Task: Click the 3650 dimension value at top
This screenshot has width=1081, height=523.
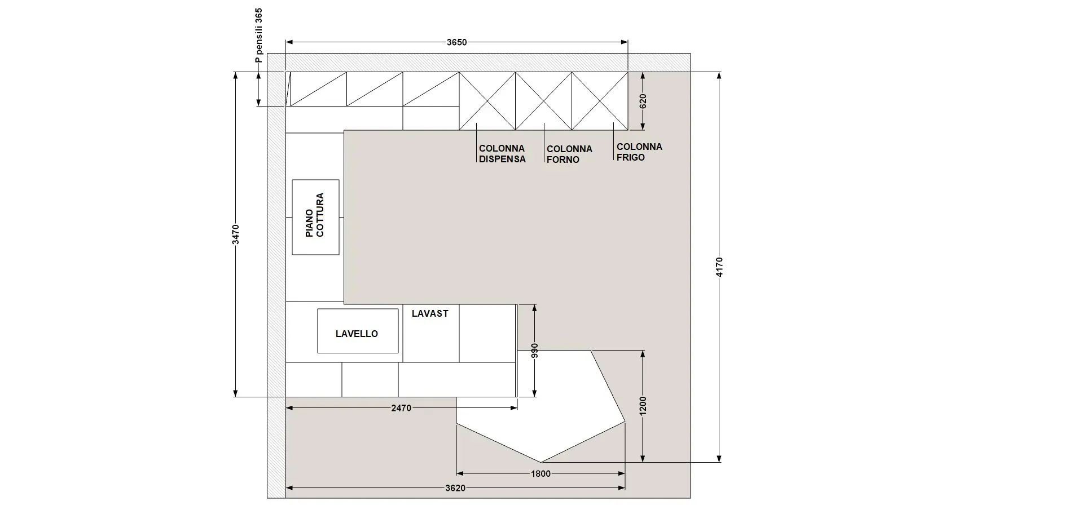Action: pyautogui.click(x=456, y=42)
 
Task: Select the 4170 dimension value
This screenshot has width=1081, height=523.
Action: pyautogui.click(x=719, y=267)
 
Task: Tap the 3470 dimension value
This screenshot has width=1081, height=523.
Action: pyautogui.click(x=236, y=234)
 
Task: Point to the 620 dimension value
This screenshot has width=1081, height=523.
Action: pyautogui.click(x=643, y=101)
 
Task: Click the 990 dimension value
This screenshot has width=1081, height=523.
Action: pyautogui.click(x=534, y=351)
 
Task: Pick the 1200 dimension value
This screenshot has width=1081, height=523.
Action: pyautogui.click(x=643, y=406)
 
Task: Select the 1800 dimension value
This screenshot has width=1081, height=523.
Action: pyautogui.click(x=540, y=473)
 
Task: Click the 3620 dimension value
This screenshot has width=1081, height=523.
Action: pyautogui.click(x=455, y=488)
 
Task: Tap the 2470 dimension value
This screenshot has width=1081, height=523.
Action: pyautogui.click(x=401, y=408)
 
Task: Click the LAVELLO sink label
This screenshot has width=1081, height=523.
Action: pyautogui.click(x=357, y=334)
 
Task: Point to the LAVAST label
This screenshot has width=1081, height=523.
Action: pyautogui.click(x=430, y=313)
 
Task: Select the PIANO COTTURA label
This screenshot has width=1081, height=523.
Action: pyautogui.click(x=315, y=215)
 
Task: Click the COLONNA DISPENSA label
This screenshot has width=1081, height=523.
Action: pyautogui.click(x=502, y=154)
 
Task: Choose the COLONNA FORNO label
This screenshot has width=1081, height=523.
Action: pyautogui.click(x=569, y=154)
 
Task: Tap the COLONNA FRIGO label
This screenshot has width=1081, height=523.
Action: pyautogui.click(x=639, y=152)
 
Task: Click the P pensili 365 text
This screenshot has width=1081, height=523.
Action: pyautogui.click(x=259, y=36)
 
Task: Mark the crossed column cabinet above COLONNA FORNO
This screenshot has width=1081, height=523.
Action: pyautogui.click(x=543, y=101)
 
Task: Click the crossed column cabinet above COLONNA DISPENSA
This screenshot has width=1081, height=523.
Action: pyautogui.click(x=487, y=101)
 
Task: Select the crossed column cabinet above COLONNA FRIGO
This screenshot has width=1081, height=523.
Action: pyautogui.click(x=600, y=101)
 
